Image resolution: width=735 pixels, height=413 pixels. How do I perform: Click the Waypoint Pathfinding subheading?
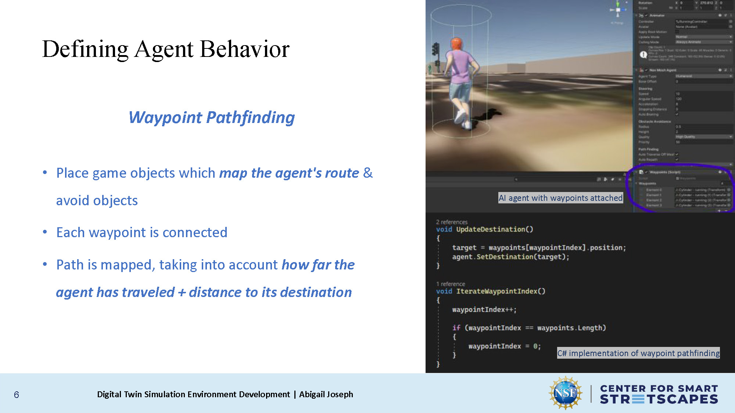click(211, 117)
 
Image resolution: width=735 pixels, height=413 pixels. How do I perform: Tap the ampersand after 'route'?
click(368, 173)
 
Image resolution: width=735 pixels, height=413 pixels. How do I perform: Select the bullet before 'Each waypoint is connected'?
click(45, 232)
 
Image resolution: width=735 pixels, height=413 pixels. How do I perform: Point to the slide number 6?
click(17, 395)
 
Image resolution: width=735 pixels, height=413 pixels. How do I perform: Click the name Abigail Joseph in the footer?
click(326, 394)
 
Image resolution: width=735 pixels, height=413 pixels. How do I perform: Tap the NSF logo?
click(565, 393)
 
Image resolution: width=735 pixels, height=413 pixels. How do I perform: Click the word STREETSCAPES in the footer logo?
click(659, 399)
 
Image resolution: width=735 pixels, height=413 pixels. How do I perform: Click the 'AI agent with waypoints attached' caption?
click(560, 198)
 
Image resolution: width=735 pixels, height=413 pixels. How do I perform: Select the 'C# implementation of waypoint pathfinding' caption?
click(638, 353)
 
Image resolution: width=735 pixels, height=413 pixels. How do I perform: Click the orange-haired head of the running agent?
click(457, 44)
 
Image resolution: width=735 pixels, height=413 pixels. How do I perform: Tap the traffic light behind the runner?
click(436, 50)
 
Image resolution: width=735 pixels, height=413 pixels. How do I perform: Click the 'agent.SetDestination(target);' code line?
click(510, 257)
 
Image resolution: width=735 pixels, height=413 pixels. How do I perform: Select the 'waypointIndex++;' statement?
click(484, 310)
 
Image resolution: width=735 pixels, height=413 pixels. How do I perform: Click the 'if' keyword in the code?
click(456, 328)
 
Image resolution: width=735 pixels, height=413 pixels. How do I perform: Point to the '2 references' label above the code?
click(452, 222)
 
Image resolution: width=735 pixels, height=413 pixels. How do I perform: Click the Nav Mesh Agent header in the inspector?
click(663, 70)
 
